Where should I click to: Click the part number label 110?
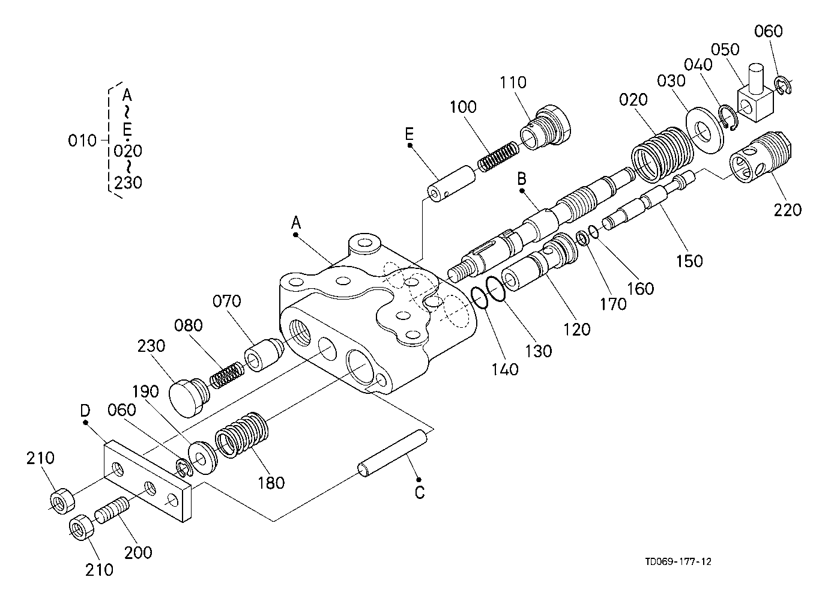(x=513, y=82)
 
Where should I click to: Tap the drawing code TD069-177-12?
(x=678, y=561)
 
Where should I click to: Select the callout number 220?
(x=788, y=210)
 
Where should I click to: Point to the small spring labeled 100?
(x=498, y=157)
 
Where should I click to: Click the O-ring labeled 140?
(x=479, y=298)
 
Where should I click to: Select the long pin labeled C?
(x=393, y=453)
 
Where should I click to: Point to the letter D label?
(x=85, y=410)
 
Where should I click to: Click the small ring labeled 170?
(x=582, y=238)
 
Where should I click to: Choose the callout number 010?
(x=82, y=141)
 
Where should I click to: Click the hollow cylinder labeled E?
(x=452, y=184)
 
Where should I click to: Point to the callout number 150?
(x=689, y=261)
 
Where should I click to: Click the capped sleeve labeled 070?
(x=263, y=354)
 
